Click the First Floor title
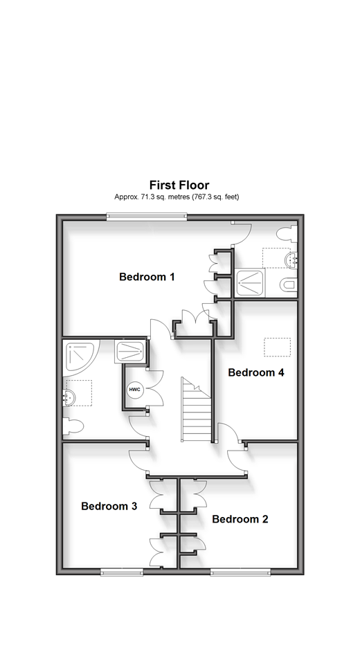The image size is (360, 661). (x=179, y=185)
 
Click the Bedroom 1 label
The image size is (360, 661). (x=147, y=277)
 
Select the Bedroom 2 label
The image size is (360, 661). (x=240, y=519)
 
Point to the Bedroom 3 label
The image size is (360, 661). (x=109, y=506)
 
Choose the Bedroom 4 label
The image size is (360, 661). (x=256, y=372)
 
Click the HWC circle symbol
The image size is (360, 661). (x=135, y=389)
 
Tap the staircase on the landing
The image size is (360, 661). (x=196, y=409)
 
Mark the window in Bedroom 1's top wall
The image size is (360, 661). (x=146, y=217)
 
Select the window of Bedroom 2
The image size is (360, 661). (x=240, y=572)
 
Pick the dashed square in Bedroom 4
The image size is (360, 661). (x=278, y=347)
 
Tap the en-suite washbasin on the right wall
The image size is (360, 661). (x=292, y=259)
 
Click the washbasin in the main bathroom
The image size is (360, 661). (x=69, y=397)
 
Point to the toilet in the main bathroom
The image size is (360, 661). (x=73, y=426)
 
